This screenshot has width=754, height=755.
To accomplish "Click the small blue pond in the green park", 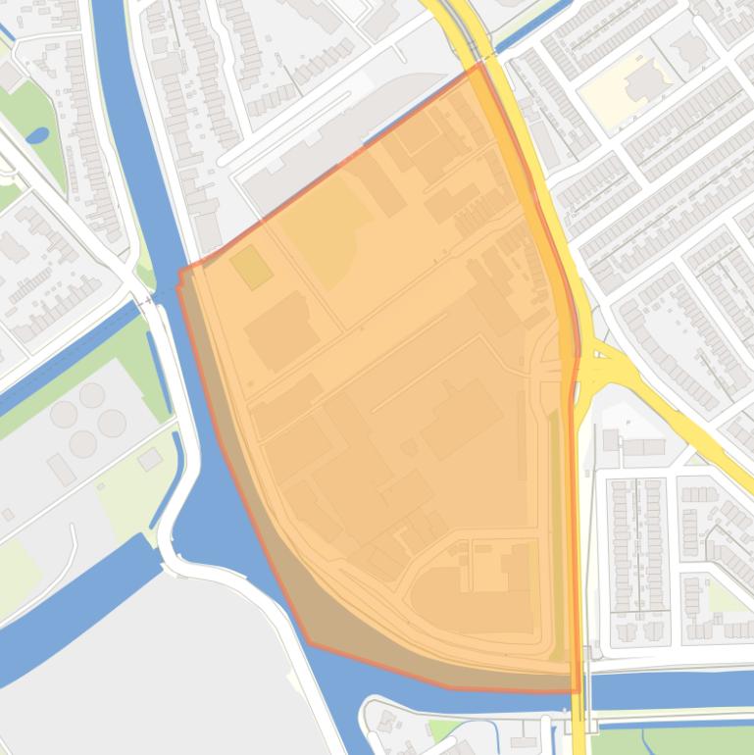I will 37,135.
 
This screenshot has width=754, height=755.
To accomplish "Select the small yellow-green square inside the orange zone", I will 251,267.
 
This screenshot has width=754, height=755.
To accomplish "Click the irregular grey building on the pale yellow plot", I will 644,83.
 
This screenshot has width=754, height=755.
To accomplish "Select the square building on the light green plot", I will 150,459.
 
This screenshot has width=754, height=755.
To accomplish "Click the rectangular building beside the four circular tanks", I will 61,470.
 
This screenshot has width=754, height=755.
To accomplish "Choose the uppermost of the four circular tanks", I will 92,395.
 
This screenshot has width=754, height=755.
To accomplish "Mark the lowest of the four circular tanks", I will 83,443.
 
